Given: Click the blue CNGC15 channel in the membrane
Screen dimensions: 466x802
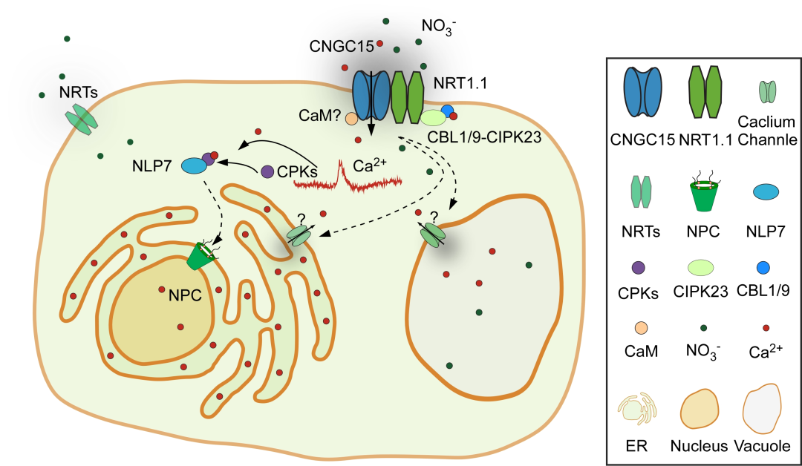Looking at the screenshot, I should tap(371, 95).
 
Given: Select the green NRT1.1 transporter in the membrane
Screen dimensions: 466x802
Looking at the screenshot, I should tap(406, 95).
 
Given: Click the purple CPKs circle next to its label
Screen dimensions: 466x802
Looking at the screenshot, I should tap(267, 171).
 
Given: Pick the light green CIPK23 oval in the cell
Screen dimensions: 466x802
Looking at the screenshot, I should tap(433, 117).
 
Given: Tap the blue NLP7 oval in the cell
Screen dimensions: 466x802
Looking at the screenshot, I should tap(192, 165).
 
